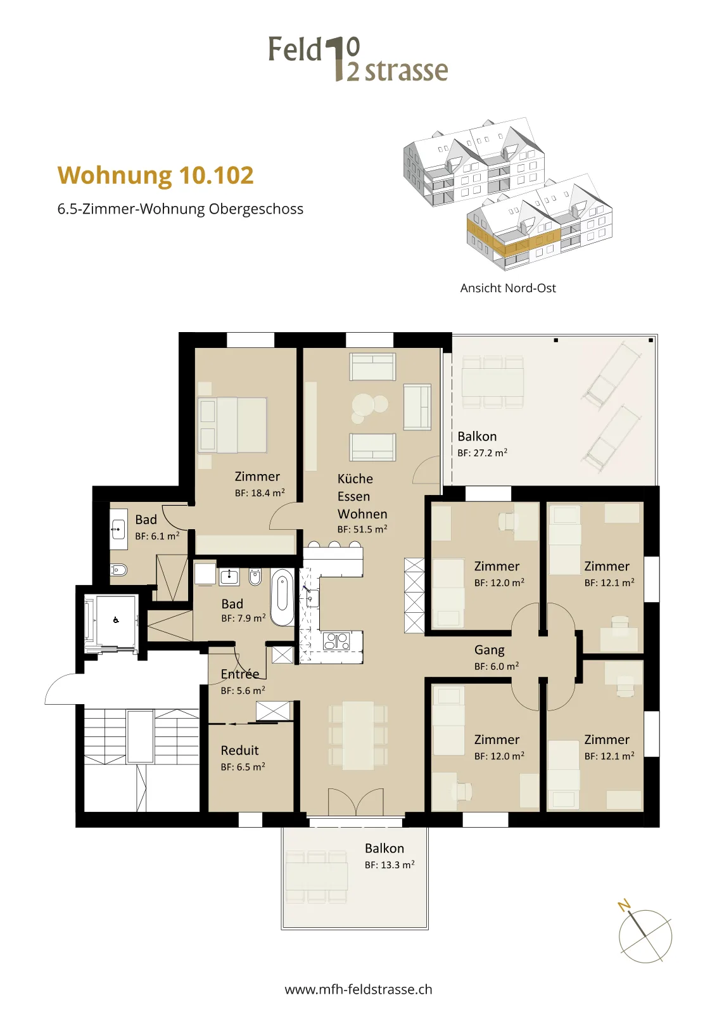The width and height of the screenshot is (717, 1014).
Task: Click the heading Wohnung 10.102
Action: click(156, 176)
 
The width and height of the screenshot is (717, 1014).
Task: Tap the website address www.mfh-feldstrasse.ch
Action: click(358, 989)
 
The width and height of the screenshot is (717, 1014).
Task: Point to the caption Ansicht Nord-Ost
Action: click(508, 288)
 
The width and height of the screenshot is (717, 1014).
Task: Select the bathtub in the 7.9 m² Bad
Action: click(282, 598)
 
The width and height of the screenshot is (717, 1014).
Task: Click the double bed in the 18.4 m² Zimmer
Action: click(232, 425)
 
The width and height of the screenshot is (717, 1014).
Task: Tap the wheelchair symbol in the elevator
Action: click(116, 620)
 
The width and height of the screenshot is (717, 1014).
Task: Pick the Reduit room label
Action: click(240, 750)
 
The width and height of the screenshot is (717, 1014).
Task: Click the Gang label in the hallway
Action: click(489, 650)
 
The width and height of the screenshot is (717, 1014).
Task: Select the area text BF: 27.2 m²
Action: click(482, 452)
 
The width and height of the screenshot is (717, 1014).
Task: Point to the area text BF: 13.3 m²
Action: click(390, 864)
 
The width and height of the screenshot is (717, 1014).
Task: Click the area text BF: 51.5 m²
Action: click(362, 529)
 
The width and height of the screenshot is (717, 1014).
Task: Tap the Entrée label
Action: click(240, 674)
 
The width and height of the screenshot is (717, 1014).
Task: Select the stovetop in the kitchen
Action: click(336, 641)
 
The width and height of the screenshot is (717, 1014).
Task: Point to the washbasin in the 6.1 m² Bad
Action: click(118, 529)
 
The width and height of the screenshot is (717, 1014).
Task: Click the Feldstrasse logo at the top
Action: click(358, 60)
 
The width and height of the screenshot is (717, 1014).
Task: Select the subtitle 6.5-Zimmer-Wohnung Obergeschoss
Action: click(180, 209)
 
